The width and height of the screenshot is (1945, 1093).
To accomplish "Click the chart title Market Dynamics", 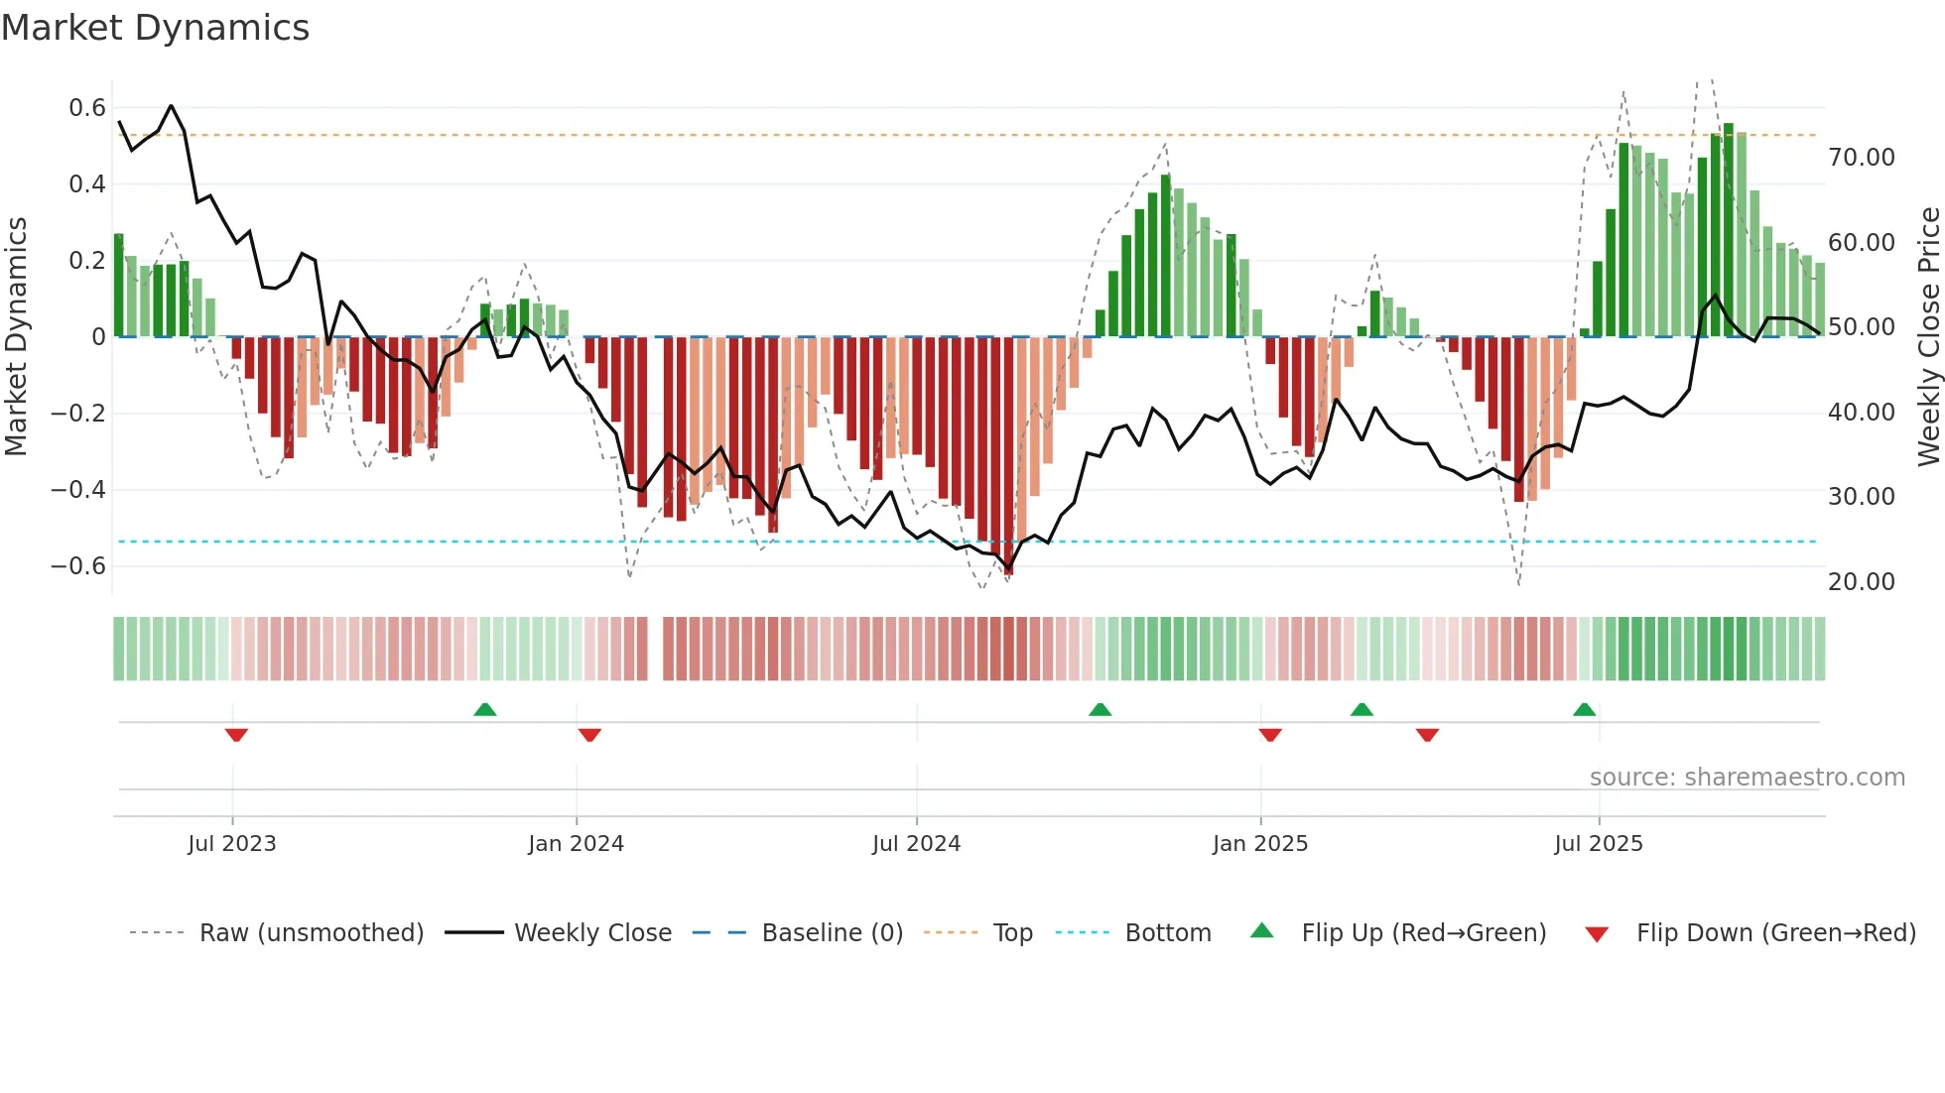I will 156,28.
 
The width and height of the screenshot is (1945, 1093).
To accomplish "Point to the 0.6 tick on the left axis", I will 87,107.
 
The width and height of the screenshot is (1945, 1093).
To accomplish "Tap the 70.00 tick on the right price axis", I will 1862,157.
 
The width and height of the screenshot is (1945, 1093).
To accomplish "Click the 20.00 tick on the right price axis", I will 1862,581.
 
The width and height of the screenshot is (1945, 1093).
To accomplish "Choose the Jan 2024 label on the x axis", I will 576,844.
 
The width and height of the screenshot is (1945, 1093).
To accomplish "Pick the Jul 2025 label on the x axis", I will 1599,844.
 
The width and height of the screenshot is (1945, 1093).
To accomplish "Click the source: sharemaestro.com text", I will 1747,778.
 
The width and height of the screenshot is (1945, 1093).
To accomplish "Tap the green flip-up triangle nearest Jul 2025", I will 1584,710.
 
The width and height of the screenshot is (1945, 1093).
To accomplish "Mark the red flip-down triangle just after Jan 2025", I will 1270,735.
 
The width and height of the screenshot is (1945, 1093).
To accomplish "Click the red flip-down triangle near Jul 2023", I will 236,735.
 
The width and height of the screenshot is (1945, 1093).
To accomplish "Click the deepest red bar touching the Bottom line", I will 1008,456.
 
